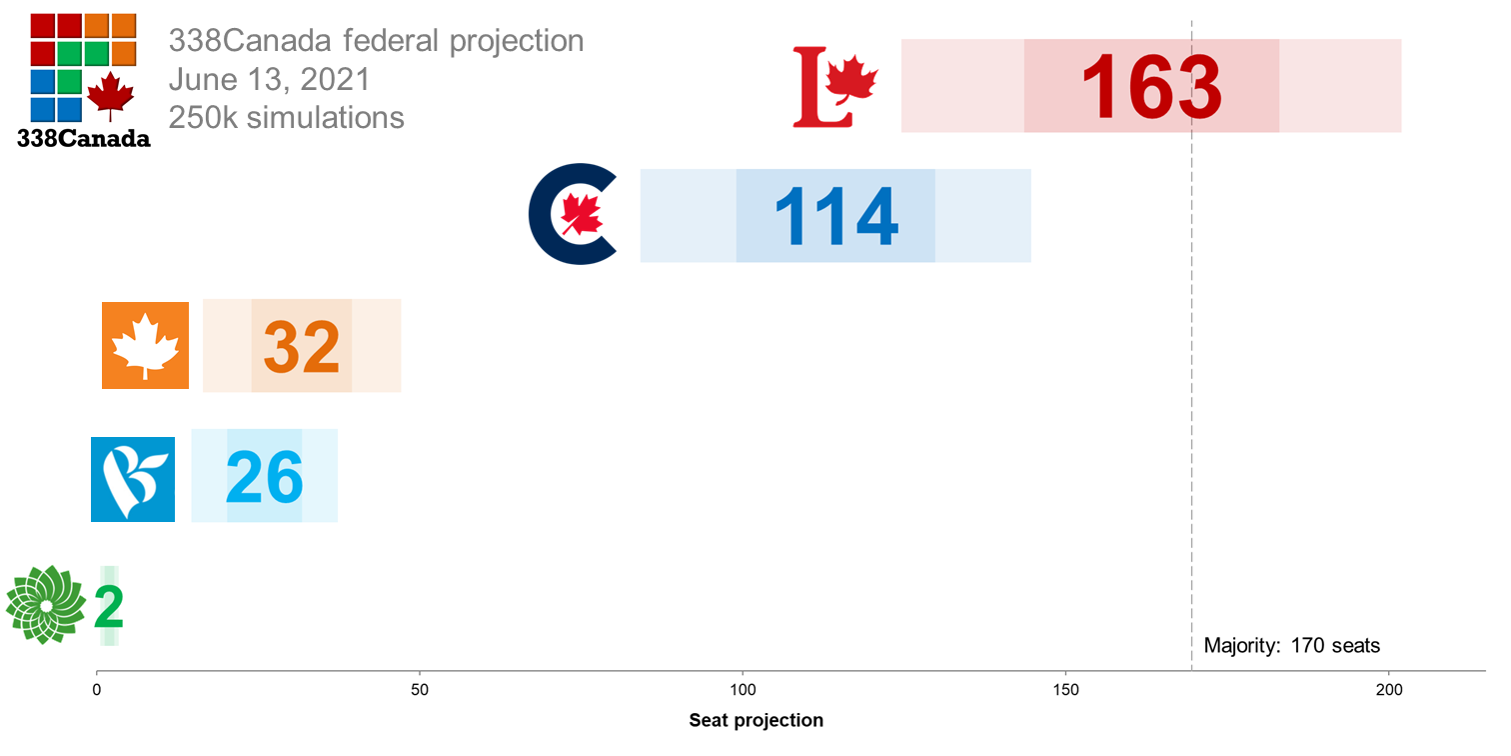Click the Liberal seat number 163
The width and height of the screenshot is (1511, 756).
click(1151, 87)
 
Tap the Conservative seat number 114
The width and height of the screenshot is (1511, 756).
click(836, 217)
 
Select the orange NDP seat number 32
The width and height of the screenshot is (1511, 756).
click(302, 347)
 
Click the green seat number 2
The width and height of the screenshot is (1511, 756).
click(108, 607)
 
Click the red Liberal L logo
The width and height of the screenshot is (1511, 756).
click(834, 87)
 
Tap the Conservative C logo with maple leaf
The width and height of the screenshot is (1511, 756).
click(574, 215)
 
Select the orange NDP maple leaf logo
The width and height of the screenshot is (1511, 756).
click(145, 345)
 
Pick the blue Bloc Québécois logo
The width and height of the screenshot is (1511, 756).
click(133, 479)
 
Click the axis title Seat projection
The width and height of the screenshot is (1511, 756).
click(755, 720)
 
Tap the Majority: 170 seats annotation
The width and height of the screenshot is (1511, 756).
click(1291, 645)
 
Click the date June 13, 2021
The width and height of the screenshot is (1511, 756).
click(269, 79)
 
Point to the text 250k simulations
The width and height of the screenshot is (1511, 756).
click(286, 117)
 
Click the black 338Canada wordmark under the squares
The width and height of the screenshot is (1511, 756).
click(84, 139)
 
